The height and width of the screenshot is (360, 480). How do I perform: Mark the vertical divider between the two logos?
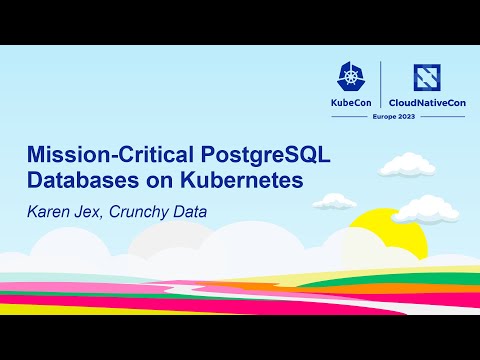(383, 88)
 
